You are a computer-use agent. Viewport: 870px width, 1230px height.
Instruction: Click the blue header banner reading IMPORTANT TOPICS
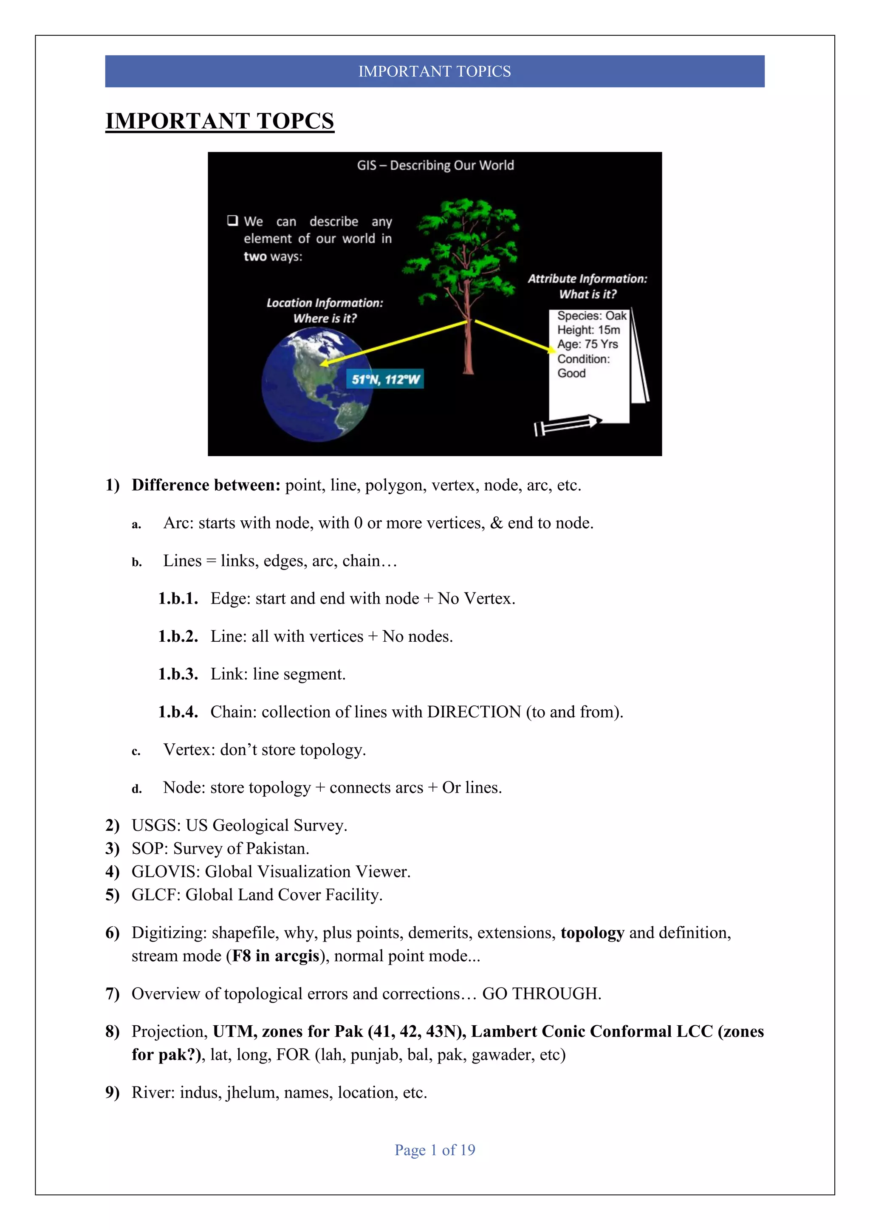pos(435,71)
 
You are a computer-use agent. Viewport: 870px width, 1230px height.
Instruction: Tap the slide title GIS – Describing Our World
pos(435,165)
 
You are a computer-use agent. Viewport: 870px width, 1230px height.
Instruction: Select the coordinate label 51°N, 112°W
pos(385,379)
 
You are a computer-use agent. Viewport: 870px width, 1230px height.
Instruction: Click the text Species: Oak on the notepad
pos(591,316)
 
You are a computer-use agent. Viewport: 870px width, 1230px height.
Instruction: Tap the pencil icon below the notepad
pos(568,424)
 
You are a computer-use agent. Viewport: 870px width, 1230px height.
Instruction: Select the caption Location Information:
pos(325,303)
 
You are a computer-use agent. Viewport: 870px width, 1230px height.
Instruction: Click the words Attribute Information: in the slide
pos(587,279)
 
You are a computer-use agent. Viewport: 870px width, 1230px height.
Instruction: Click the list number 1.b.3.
pos(178,674)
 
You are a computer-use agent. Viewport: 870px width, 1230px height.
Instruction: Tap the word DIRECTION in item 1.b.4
pos(474,712)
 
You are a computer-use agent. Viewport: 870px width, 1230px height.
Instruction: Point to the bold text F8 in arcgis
pos(275,956)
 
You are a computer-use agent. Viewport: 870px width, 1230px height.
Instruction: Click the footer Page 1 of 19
pos(435,1150)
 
